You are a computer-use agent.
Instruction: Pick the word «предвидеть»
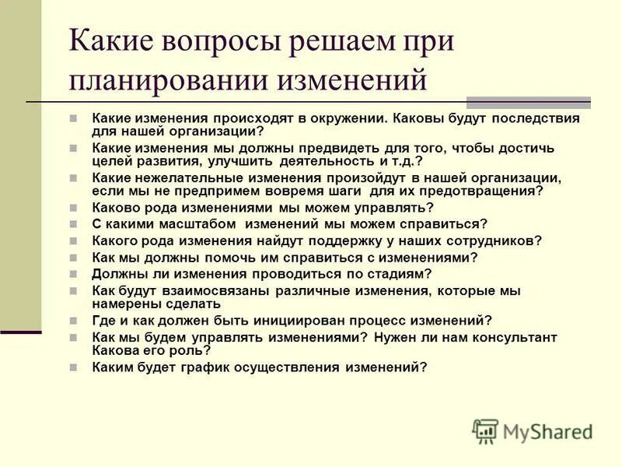pyautogui.click(x=338, y=148)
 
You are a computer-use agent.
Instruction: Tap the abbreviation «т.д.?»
pyautogui.click(x=402, y=161)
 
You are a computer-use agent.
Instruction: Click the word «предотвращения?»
pyautogui.click(x=484, y=191)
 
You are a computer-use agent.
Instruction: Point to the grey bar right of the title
pyautogui.click(x=529, y=102)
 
